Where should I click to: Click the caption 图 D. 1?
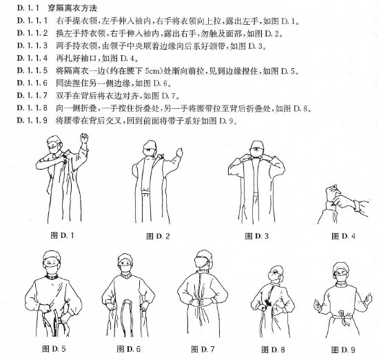click(x=62, y=235)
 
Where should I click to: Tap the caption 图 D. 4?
click(x=343, y=236)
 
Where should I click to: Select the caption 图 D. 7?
click(x=203, y=349)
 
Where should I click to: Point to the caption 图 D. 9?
click(x=343, y=350)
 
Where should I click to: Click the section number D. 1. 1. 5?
click(x=32, y=70)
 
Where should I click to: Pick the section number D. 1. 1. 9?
click(x=32, y=120)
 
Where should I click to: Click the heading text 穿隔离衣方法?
click(x=72, y=8)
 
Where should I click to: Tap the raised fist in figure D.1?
click(x=84, y=138)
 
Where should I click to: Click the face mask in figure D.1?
click(x=54, y=149)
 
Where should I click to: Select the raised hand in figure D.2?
click(x=179, y=152)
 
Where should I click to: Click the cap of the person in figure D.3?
click(x=257, y=144)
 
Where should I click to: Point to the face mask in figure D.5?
click(x=52, y=269)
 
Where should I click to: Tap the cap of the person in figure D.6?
click(x=125, y=259)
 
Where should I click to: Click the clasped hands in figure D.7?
click(x=202, y=302)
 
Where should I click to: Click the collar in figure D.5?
click(x=52, y=277)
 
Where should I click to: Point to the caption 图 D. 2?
click(x=158, y=236)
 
